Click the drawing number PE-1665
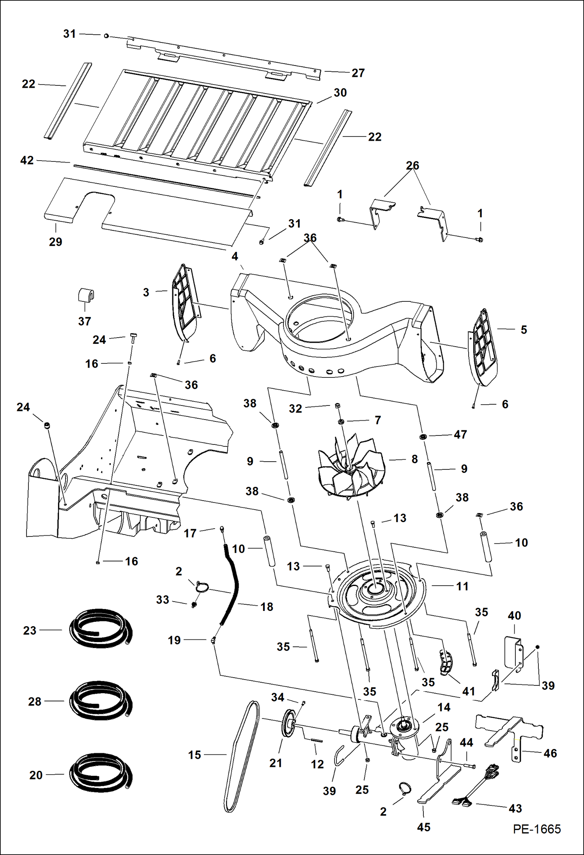[x=537, y=829]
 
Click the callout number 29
[x=55, y=242]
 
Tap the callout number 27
[x=358, y=73]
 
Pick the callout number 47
[x=460, y=434]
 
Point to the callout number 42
[x=27, y=160]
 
